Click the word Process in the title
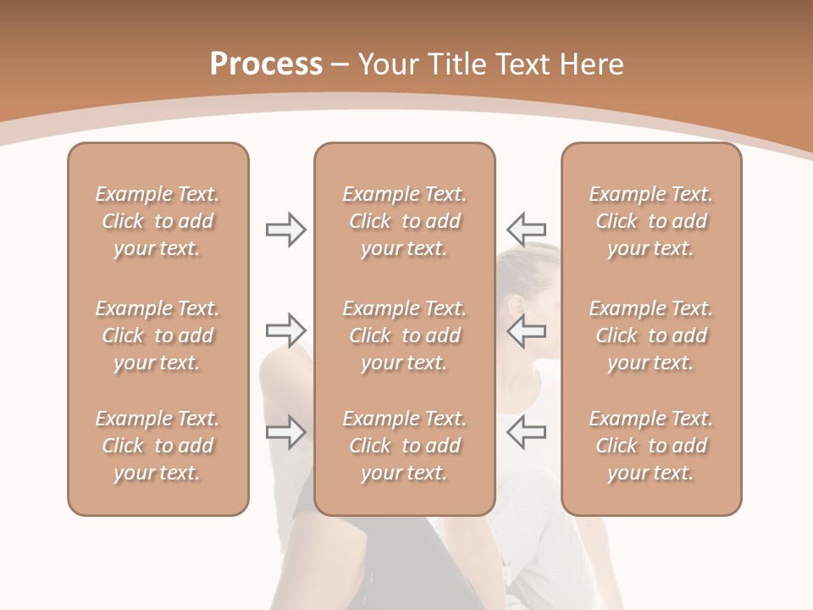(x=266, y=64)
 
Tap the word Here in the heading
(x=592, y=64)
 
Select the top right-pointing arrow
(x=285, y=229)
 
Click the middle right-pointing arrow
(x=285, y=330)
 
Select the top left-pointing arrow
(x=526, y=229)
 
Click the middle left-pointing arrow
(x=526, y=330)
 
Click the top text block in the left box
(x=158, y=221)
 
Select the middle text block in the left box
(x=158, y=335)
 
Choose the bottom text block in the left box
(x=158, y=446)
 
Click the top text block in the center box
(x=405, y=221)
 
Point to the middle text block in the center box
(x=405, y=335)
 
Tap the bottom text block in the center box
(x=405, y=446)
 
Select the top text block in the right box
(x=651, y=221)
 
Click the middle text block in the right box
(x=651, y=335)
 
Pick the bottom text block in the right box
(x=651, y=446)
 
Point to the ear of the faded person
(x=516, y=305)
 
